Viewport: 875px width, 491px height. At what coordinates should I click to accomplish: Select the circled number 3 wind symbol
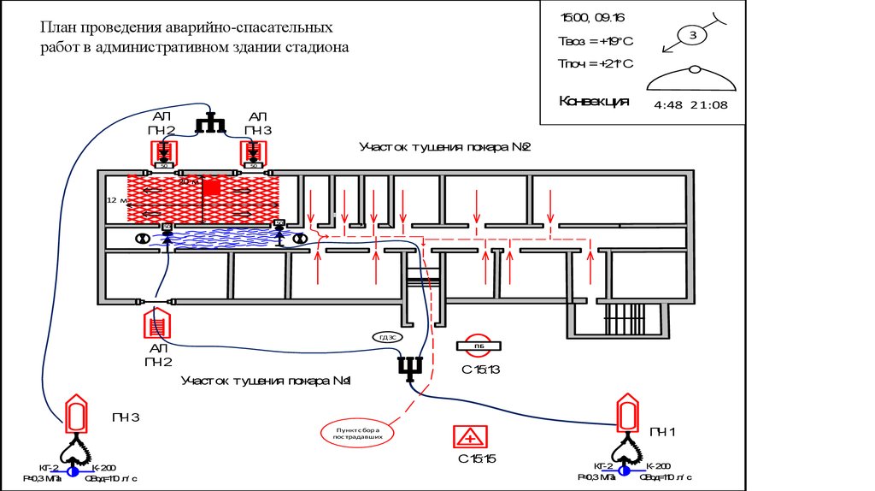(694, 35)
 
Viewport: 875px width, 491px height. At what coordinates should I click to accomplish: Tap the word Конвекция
(594, 101)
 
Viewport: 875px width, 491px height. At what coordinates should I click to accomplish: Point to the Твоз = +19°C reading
(595, 40)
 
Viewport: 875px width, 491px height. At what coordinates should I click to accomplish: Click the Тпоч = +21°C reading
(595, 63)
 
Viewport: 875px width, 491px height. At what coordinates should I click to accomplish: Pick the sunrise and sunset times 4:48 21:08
(690, 104)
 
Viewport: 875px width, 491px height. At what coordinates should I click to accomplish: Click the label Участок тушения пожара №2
(445, 147)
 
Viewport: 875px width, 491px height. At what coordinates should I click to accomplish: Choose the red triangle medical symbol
(469, 436)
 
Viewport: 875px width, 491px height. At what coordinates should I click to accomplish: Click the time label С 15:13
(479, 370)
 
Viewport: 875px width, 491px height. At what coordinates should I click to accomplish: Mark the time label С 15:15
(477, 459)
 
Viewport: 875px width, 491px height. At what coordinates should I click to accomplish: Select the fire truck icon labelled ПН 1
(627, 414)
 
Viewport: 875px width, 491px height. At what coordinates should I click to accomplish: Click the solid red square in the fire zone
(211, 186)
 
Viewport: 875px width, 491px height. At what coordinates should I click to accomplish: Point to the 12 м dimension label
(116, 200)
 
